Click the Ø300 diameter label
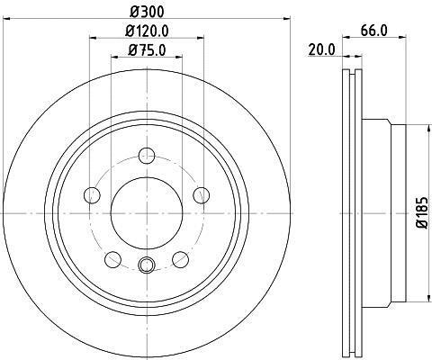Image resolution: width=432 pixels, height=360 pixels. pos(147,12)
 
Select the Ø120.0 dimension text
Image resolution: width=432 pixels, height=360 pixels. pos(147,31)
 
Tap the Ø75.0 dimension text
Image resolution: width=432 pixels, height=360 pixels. pos(147,49)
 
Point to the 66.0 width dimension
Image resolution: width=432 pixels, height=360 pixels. pos(374,31)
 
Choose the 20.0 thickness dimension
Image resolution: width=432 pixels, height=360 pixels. pos(322,49)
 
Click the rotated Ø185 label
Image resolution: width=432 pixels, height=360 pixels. pos(422,212)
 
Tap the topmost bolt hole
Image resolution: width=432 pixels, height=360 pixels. pos(147,156)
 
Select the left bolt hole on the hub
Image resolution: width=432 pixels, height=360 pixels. pos(92,195)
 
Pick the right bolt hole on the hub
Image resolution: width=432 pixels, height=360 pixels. pos(201,195)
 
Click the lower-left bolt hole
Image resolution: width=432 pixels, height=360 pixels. pos(112,259)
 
